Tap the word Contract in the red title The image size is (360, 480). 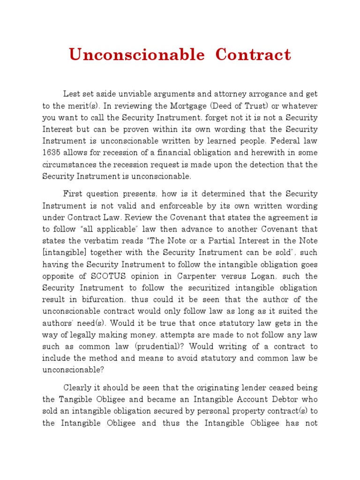pos(253,55)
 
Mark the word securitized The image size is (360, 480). pos(180,288)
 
